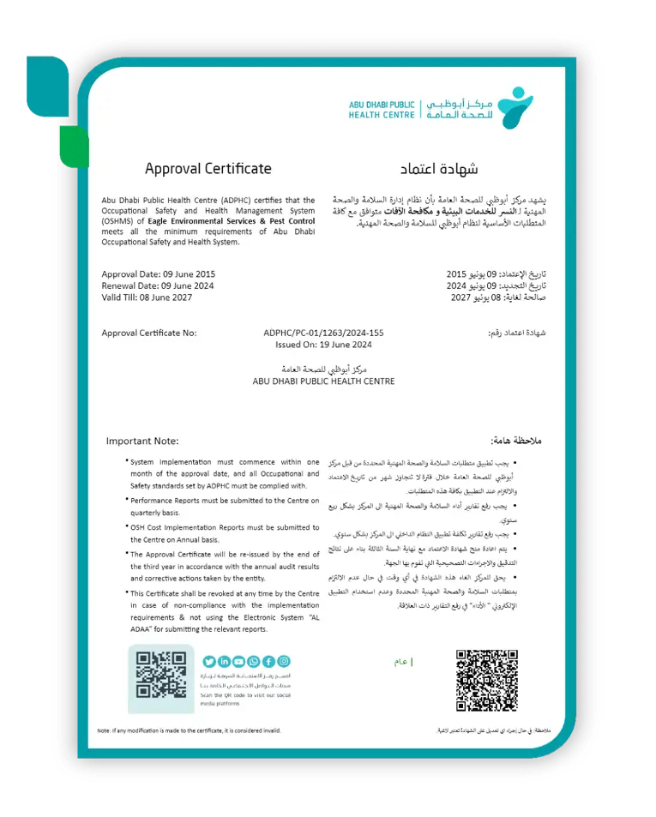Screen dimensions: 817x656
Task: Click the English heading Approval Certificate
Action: point(208,169)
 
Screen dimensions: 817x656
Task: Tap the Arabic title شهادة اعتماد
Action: point(440,169)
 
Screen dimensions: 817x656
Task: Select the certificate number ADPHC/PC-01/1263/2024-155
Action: point(323,333)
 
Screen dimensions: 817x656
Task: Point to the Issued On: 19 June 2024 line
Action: point(323,345)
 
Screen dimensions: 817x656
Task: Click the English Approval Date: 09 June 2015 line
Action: point(158,273)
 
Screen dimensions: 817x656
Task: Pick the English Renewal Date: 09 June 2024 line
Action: point(157,285)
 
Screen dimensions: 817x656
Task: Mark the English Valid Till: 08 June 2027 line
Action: point(147,297)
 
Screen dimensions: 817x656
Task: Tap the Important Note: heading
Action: point(142,441)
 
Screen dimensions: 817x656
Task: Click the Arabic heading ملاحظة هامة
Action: point(516,441)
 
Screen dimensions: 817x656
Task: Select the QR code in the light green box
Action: point(161,675)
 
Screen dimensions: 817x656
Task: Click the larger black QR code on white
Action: point(486,681)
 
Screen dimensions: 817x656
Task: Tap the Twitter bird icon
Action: point(209,661)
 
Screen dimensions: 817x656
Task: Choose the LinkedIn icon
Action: point(224,661)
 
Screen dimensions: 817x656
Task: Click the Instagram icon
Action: point(284,661)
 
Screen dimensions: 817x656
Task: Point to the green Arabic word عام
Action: point(400,662)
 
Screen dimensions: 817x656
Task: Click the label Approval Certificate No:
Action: point(149,333)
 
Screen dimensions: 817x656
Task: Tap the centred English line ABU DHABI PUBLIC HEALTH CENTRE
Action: point(323,381)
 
